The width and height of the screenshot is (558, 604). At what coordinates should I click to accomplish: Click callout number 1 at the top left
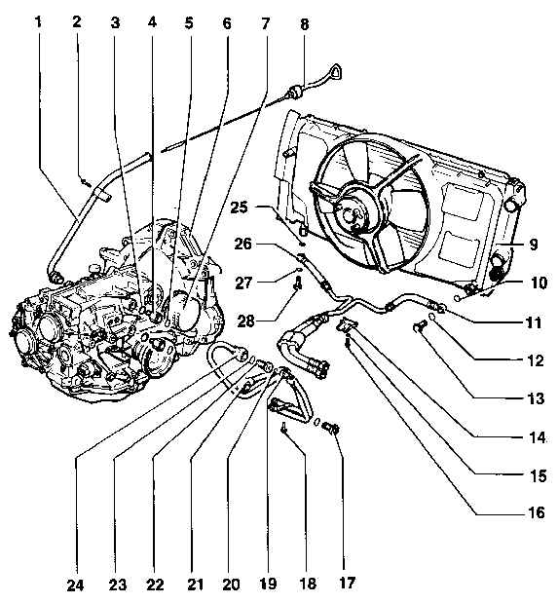pos(38,22)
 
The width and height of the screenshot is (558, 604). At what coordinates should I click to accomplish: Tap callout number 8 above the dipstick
pos(304,24)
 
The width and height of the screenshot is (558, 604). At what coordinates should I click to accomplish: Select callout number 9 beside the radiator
pos(534,244)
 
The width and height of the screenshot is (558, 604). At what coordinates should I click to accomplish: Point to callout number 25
pos(241,208)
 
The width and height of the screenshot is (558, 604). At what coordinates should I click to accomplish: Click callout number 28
pos(246,321)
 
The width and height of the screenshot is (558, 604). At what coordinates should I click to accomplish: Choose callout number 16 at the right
pos(536,512)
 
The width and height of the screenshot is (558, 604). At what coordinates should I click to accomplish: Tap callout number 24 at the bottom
pos(76,585)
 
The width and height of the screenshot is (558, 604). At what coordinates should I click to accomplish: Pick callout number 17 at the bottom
pos(347,583)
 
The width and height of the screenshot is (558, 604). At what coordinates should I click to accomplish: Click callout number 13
pos(536,397)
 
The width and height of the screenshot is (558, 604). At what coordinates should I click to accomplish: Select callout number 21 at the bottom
pos(195,585)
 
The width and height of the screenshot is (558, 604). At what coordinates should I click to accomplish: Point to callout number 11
pos(534,322)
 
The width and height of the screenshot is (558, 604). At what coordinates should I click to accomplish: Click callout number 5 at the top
pos(188,23)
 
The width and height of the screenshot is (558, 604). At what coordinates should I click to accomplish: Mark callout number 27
pos(243,283)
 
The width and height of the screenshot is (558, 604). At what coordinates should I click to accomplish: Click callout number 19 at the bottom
pos(268,584)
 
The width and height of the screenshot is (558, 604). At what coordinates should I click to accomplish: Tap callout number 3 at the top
pos(115,23)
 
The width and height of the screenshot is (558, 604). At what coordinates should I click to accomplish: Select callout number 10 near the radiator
pos(539,283)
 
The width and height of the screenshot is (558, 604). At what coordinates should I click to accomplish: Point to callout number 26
pos(242,244)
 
